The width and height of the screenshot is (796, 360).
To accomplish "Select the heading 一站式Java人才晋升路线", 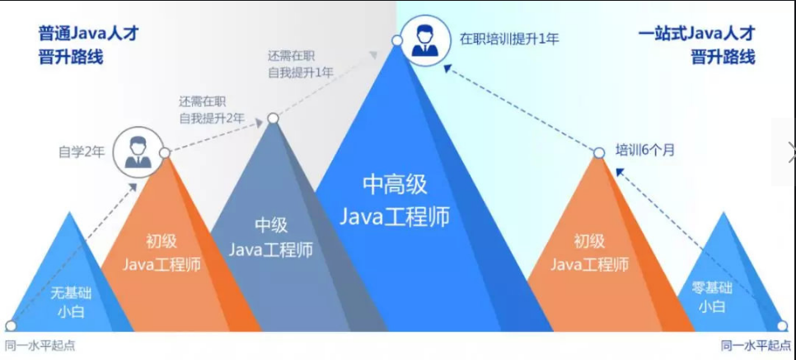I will point(696,46).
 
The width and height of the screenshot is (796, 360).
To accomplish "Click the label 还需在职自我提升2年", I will point(212,110).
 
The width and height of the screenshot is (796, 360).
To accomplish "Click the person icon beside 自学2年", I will point(135,151).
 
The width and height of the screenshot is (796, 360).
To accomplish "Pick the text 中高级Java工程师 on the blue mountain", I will point(396,200).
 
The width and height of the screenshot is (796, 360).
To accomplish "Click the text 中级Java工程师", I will point(270,237).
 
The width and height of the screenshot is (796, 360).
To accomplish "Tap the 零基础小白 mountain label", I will point(712,297).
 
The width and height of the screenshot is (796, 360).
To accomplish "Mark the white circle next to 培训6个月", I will point(600,152).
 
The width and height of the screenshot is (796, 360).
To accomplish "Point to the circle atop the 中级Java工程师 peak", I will point(273,119).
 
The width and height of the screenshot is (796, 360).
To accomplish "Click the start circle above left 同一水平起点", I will point(10,326).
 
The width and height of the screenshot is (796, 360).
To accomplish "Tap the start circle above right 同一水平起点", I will point(782,326).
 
